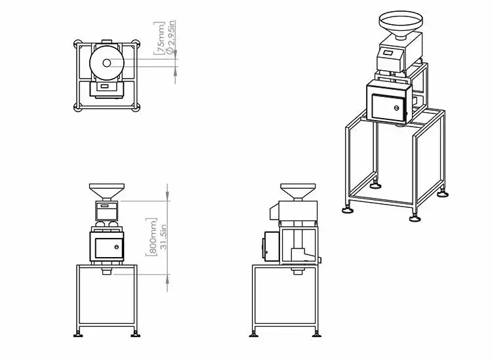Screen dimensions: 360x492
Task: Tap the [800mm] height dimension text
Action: pyautogui.click(x=152, y=236)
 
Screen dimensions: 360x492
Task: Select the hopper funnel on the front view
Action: pyautogui.click(x=105, y=191)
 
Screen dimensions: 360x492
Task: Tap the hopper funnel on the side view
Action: pyautogui.click(x=297, y=191)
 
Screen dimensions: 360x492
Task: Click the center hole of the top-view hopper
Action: pyautogui.click(x=106, y=63)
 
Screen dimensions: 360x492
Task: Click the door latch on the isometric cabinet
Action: pyautogui.click(x=397, y=108)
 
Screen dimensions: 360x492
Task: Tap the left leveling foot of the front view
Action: pyautogui.click(x=79, y=334)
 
